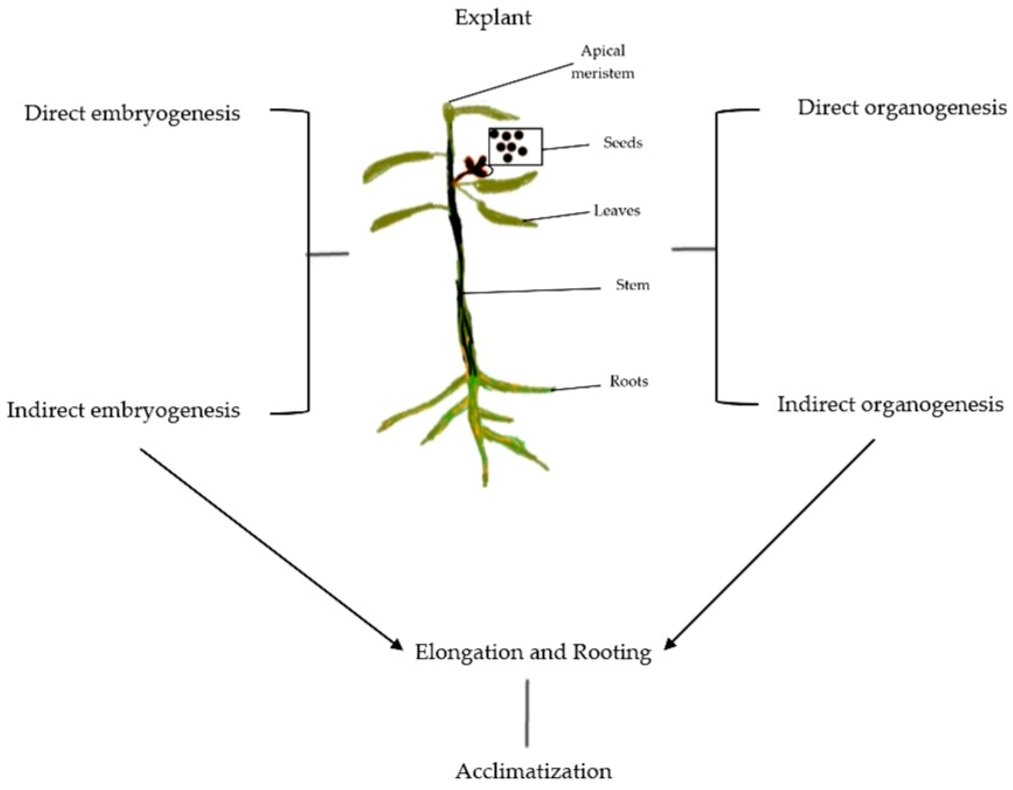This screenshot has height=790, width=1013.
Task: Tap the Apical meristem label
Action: point(602,62)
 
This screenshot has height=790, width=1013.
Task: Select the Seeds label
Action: point(623,142)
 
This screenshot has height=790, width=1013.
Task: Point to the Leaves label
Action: point(617,211)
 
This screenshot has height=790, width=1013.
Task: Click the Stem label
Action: point(632,285)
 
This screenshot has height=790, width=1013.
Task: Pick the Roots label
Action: point(629,381)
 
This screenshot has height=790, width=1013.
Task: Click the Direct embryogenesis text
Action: point(132,114)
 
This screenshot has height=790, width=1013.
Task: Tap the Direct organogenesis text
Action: point(902,108)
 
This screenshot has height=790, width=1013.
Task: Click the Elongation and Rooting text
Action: point(533,653)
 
